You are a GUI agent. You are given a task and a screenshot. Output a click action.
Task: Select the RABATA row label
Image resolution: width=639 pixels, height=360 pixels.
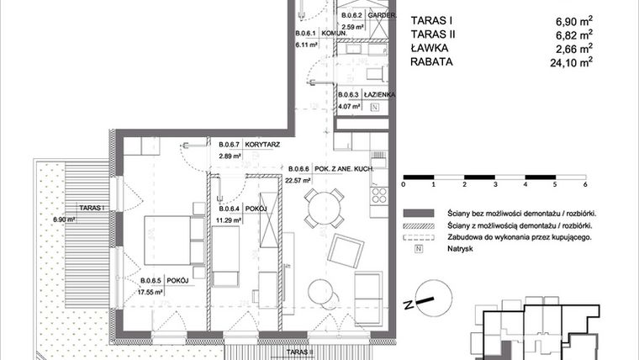tap(435, 61)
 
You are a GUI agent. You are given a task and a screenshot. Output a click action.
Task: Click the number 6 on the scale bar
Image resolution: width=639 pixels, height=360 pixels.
tap(584, 184)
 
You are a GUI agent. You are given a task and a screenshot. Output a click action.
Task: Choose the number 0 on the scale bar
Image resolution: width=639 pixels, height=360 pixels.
tap(404, 184)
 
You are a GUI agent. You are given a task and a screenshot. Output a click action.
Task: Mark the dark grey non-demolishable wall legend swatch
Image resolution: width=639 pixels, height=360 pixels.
tap(416, 214)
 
